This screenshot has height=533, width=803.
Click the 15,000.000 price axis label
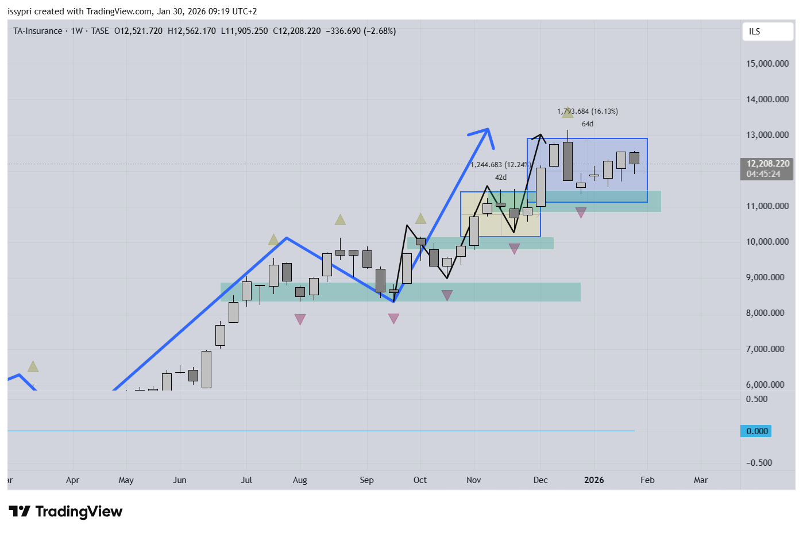click(x=767, y=64)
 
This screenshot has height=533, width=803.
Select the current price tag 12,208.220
click(x=767, y=164)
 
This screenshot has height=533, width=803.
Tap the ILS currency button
click(x=755, y=32)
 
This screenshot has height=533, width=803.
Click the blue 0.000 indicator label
click(x=756, y=431)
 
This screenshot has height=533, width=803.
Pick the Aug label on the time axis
click(x=300, y=480)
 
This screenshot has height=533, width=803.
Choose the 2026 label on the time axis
click(x=594, y=480)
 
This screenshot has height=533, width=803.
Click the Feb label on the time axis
click(x=647, y=480)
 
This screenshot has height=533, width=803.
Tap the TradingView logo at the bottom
click(x=65, y=511)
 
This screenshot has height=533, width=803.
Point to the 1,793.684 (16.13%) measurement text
click(x=588, y=111)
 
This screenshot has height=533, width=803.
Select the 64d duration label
click(x=587, y=124)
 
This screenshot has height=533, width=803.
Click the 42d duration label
click(x=501, y=177)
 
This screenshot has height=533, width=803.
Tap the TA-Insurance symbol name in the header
click(x=38, y=31)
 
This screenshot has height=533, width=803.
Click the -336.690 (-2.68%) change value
click(x=361, y=31)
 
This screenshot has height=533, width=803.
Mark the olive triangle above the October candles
click(x=420, y=219)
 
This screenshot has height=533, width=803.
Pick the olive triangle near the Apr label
click(x=33, y=366)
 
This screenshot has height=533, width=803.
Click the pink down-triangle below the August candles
click(x=300, y=319)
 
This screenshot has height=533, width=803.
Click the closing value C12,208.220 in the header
click(x=296, y=31)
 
